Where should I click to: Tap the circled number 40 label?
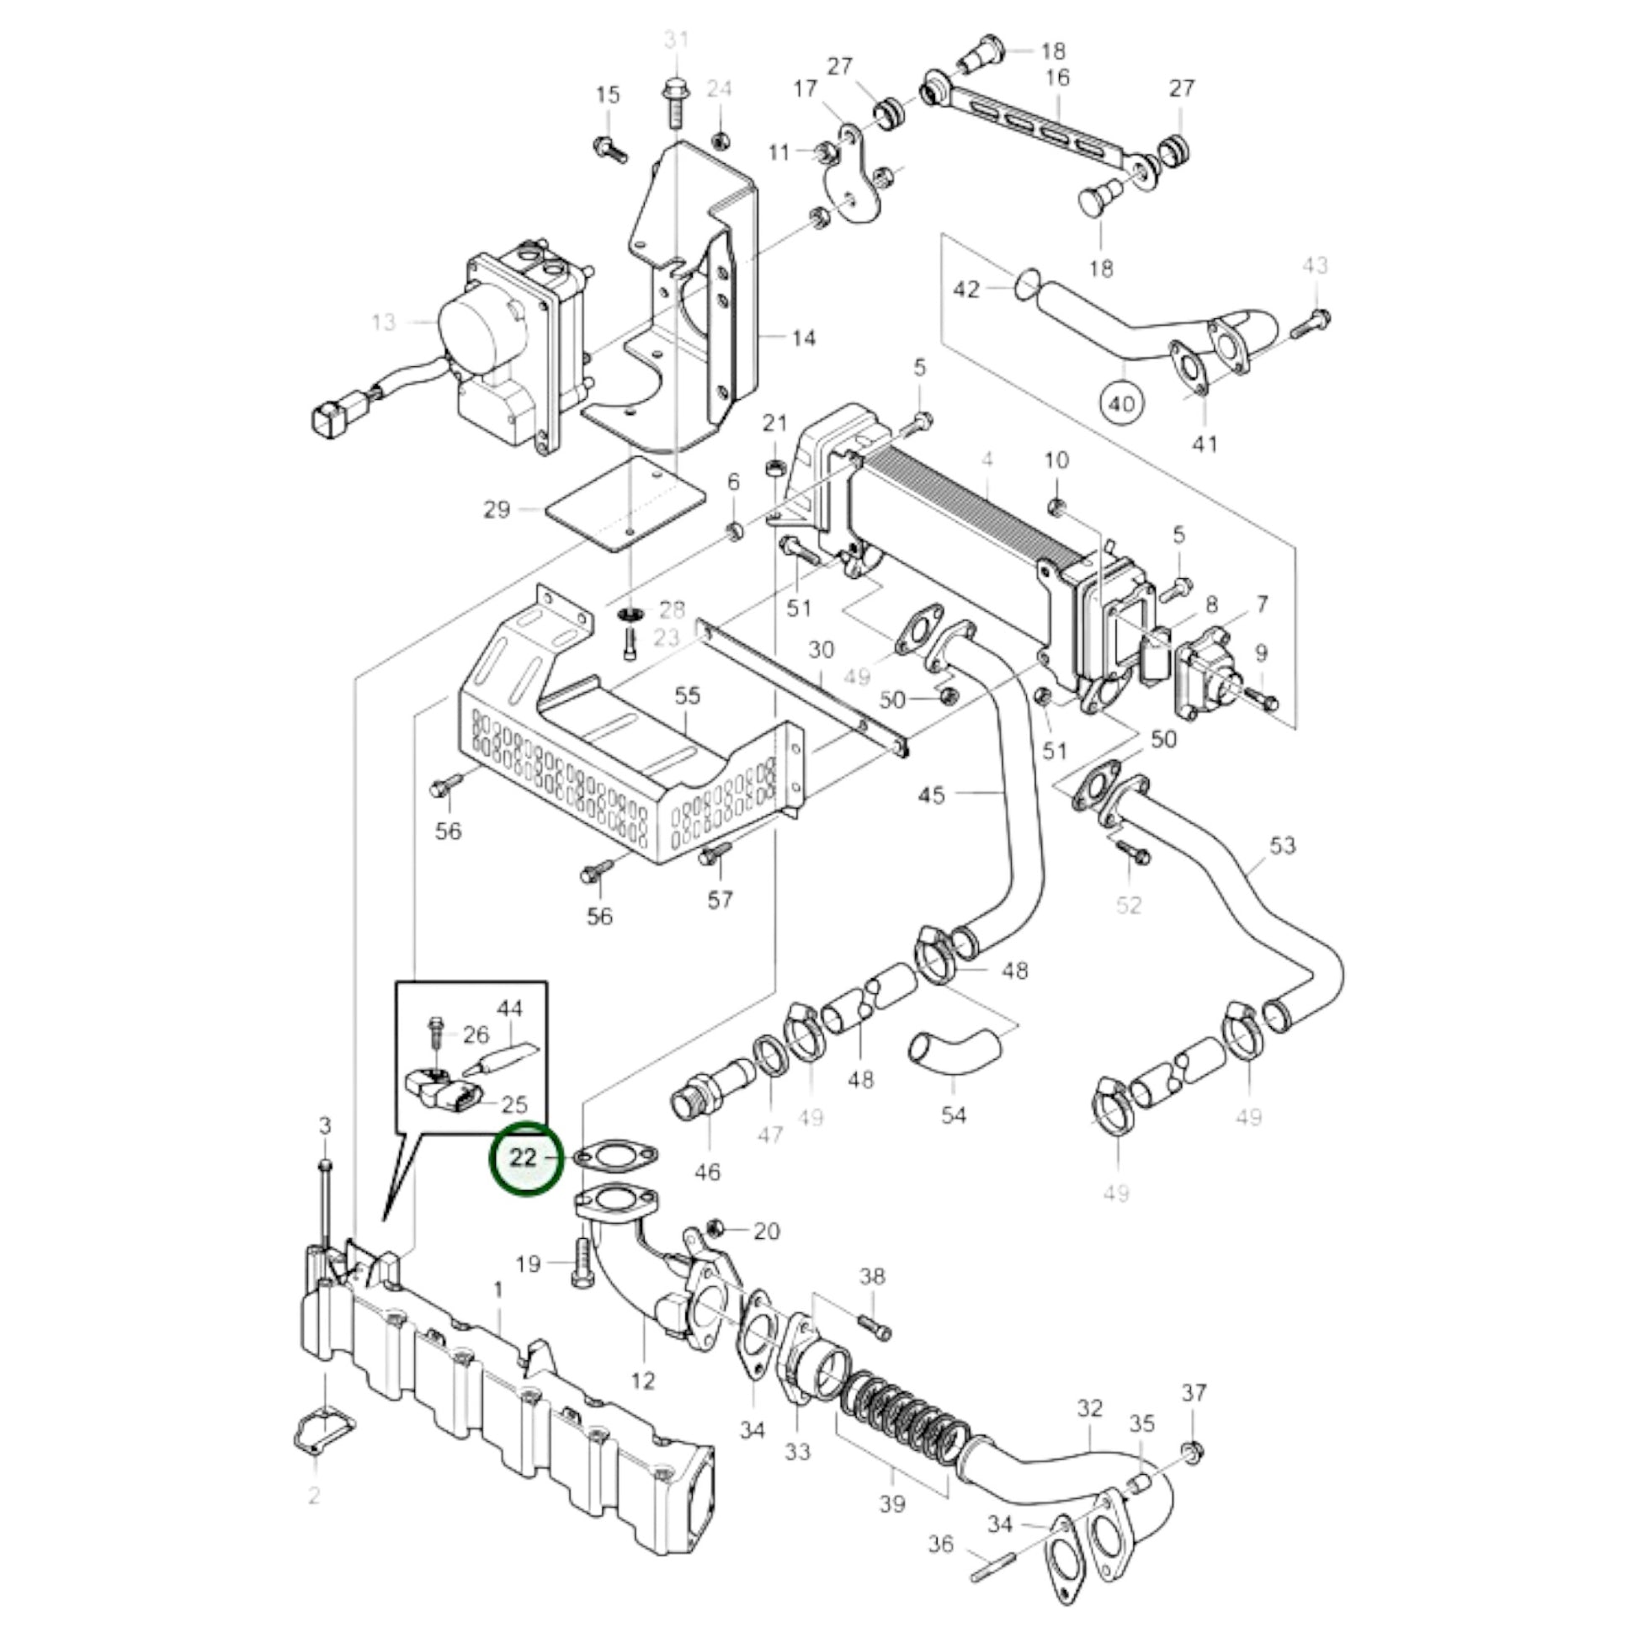(1121, 403)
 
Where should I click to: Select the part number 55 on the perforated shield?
(688, 696)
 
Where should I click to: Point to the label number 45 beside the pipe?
(931, 795)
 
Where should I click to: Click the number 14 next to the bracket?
(803, 338)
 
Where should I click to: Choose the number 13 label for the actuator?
(383, 322)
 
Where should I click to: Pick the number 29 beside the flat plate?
(496, 509)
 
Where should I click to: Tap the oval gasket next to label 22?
(615, 1156)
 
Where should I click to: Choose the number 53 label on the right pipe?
(1282, 845)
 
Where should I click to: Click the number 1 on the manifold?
(497, 1290)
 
